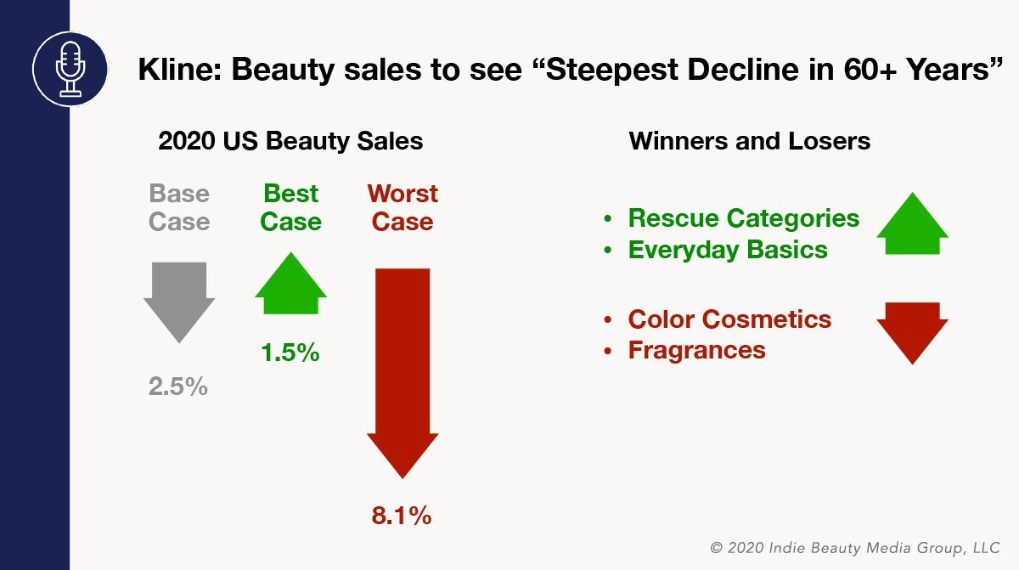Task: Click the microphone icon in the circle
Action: [x=70, y=69]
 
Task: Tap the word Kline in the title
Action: [x=179, y=69]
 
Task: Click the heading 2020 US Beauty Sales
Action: [x=290, y=140]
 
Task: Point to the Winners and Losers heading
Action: [x=749, y=140]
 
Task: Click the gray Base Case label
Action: [x=179, y=207]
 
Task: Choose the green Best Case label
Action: [x=290, y=207]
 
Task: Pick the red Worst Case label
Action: [x=403, y=207]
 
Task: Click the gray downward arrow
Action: [x=179, y=302]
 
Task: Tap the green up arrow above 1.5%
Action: [x=290, y=283]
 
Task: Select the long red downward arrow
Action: [x=403, y=374]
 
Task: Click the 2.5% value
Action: [x=177, y=387]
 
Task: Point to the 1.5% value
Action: [x=290, y=353]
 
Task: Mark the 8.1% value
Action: [x=401, y=516]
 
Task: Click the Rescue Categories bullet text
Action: [x=744, y=218]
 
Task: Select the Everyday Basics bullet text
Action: [x=728, y=250]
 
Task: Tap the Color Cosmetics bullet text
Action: [x=729, y=319]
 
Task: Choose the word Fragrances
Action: [x=697, y=350]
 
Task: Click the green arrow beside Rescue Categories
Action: [x=913, y=223]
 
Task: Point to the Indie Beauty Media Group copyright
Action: [x=855, y=548]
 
